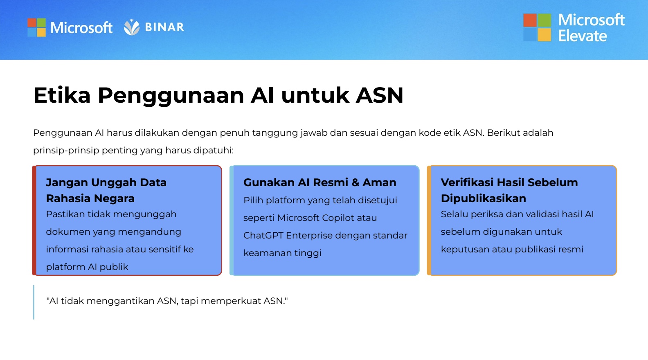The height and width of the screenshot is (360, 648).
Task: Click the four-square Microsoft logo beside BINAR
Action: (37, 27)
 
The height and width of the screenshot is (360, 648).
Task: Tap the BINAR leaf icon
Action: (132, 27)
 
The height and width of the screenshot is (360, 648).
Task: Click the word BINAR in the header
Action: (164, 27)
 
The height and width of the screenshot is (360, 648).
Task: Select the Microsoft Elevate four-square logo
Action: (537, 27)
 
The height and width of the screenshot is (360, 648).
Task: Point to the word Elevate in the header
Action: (582, 36)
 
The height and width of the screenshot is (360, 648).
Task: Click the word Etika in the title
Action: (62, 95)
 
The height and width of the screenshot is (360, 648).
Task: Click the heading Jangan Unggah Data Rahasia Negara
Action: (106, 190)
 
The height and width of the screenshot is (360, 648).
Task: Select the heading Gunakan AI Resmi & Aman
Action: (319, 182)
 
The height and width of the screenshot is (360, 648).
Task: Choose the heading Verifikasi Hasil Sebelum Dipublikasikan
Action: (509, 190)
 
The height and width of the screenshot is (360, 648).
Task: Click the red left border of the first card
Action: (34, 220)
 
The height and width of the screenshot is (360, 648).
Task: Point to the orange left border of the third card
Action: (429, 220)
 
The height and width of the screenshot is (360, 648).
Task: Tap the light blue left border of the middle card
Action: (232, 220)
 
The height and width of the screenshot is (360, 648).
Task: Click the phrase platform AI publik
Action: (87, 267)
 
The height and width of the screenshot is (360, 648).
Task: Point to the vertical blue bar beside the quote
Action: (34, 302)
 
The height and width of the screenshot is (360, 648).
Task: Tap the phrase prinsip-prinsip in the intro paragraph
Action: (66, 151)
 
